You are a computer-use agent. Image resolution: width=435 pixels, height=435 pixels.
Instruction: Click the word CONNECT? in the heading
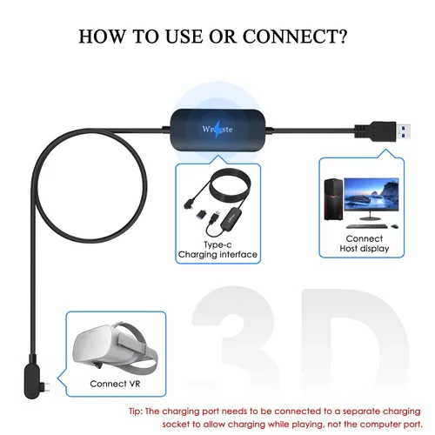point(295,37)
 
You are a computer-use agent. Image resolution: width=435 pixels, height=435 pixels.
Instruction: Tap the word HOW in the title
point(103,37)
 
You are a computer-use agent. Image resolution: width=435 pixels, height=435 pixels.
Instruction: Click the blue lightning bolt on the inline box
point(217,129)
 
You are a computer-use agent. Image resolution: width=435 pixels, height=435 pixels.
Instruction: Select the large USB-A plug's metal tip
point(403,131)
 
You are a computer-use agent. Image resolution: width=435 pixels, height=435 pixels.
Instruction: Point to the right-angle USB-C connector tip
point(46,386)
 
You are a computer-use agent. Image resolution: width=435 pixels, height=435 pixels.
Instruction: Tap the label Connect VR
point(115,384)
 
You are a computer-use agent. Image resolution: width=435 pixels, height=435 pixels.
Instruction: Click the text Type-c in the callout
point(217,244)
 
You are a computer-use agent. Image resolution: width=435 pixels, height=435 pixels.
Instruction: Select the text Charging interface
point(217,254)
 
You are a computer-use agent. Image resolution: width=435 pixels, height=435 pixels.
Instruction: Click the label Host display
point(365,249)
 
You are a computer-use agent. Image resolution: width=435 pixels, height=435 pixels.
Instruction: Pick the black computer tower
point(333,199)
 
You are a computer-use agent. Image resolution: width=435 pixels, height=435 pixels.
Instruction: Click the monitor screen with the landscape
point(371,194)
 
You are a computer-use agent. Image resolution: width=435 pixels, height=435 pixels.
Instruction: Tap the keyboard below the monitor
point(367,226)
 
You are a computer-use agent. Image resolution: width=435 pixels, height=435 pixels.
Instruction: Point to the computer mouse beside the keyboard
point(394,226)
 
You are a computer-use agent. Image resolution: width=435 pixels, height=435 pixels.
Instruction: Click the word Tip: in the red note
point(136,412)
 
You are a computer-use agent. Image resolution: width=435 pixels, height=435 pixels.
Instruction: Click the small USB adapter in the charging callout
point(201,215)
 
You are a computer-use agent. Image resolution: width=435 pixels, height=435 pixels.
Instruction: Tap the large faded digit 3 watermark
point(233,342)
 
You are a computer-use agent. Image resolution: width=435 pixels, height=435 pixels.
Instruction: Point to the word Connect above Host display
point(365,238)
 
